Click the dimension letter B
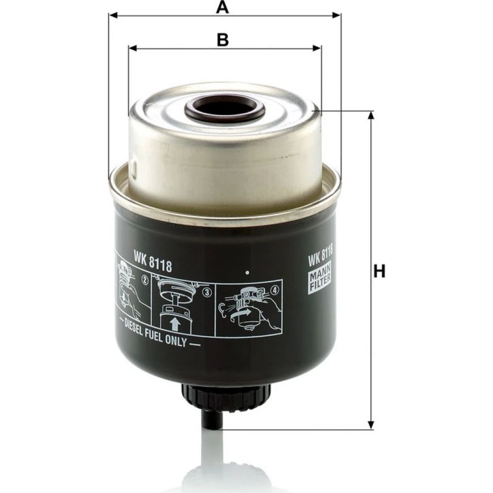pyautogui.click(x=223, y=40)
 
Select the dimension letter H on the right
pyautogui.click(x=380, y=271)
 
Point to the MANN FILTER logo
pyautogui.click(x=320, y=277)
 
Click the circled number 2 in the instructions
pyautogui.click(x=145, y=280)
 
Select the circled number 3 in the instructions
pyautogui.click(x=208, y=293)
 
